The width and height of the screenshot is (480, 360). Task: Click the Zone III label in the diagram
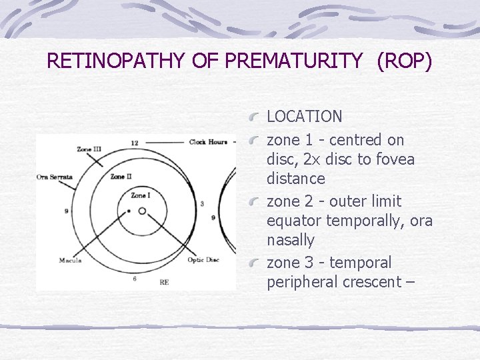click(x=89, y=149)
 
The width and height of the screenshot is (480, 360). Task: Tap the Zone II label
click(x=121, y=177)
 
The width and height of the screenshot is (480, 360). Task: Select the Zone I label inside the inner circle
click(x=140, y=195)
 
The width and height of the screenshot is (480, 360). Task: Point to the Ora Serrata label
click(x=55, y=177)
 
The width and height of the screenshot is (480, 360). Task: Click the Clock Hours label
click(x=207, y=142)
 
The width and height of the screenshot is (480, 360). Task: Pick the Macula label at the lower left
click(x=69, y=260)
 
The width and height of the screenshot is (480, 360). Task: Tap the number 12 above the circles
click(x=135, y=143)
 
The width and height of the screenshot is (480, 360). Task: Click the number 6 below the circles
click(x=135, y=279)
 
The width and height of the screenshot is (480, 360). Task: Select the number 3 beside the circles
click(x=202, y=203)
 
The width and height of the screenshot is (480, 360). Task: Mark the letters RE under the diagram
click(x=164, y=282)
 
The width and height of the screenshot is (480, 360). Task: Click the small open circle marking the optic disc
click(x=142, y=211)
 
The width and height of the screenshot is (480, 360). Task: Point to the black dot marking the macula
click(x=129, y=211)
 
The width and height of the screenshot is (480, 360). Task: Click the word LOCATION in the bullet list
click(x=304, y=117)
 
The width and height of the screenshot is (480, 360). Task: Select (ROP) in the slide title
click(x=405, y=61)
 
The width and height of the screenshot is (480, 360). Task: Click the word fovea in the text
click(x=396, y=160)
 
